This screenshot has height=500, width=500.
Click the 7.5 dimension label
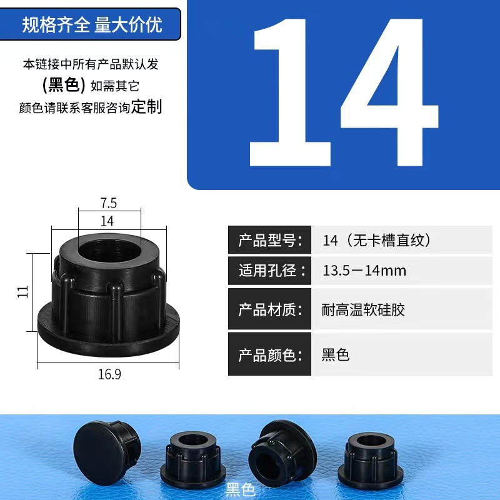109,202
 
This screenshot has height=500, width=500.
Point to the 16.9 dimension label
109,374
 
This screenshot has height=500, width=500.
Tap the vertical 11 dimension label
22,291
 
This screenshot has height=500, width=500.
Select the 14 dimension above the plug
107,221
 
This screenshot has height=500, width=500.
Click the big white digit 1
289,92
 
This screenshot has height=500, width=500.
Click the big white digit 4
389,92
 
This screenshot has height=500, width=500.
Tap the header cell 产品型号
270,240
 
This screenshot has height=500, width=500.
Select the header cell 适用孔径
270,271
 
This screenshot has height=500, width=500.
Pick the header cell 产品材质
270,309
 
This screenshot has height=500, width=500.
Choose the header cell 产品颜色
270,354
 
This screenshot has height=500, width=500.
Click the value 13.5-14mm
364,271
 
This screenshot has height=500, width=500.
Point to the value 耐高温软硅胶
363,309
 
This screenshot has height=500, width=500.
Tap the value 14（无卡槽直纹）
376,240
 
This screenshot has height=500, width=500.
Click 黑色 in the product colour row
336,355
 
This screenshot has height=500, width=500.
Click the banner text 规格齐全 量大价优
92,24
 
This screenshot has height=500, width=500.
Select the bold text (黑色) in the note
64,85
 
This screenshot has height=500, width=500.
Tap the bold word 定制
146,106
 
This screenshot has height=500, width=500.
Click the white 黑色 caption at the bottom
241,489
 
